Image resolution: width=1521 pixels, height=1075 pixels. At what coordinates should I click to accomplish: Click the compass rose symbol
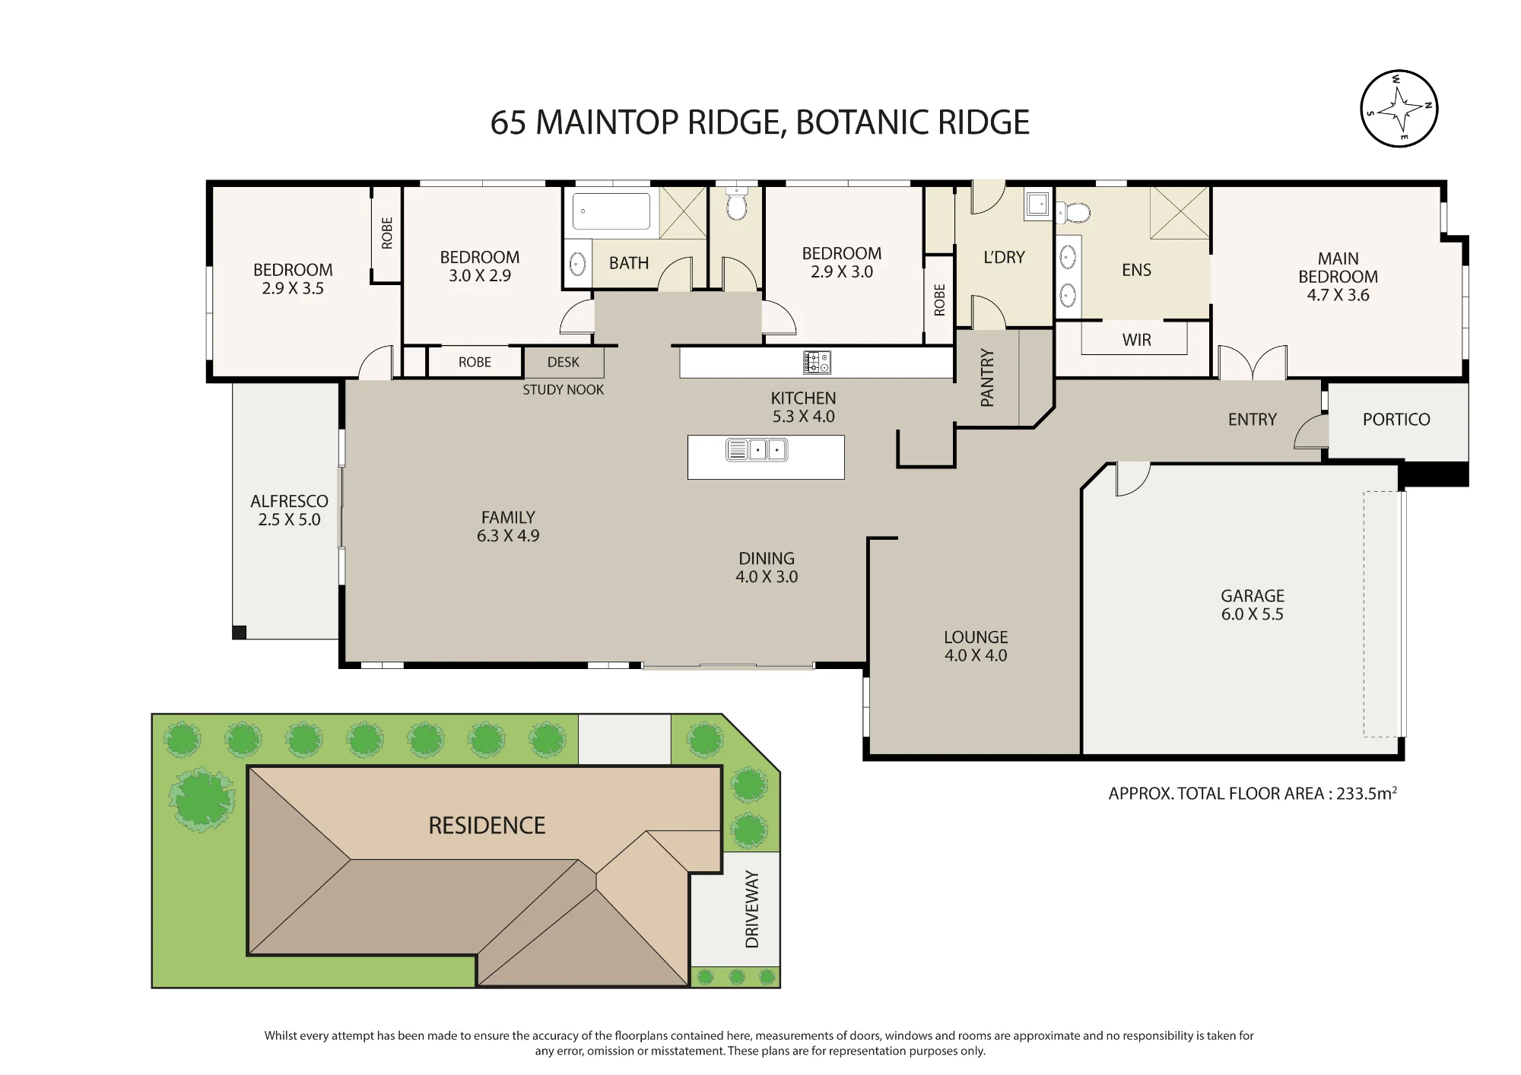(1399, 109)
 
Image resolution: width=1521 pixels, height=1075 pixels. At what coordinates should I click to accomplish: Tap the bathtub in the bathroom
(611, 211)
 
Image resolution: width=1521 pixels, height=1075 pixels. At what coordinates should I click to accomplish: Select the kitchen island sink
(757, 450)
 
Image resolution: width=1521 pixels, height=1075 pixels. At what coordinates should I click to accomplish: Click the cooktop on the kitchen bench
(817, 363)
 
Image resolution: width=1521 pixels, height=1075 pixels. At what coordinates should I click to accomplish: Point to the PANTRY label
(987, 378)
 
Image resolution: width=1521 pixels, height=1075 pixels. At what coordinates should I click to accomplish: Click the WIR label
(1137, 340)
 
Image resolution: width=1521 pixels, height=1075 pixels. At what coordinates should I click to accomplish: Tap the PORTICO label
(1396, 419)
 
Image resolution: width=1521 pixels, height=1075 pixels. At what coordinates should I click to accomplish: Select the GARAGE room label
(1253, 596)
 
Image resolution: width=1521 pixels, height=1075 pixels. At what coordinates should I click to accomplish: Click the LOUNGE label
(976, 637)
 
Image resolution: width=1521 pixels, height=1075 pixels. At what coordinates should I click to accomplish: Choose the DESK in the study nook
(564, 363)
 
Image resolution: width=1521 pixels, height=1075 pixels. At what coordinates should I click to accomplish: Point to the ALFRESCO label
(290, 501)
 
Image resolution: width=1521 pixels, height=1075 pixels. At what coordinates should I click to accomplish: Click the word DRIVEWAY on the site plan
(752, 909)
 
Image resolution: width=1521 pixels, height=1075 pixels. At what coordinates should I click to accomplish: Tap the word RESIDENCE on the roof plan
(487, 826)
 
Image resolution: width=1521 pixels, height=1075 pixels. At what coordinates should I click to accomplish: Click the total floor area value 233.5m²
(1367, 793)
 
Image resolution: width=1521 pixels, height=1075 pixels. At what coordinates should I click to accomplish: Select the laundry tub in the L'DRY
(1038, 204)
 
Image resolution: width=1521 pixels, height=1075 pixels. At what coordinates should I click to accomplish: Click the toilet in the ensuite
(1073, 212)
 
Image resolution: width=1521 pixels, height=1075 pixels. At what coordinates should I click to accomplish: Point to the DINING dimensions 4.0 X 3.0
(767, 577)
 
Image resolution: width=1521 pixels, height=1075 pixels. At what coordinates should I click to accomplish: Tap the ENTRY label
(1253, 419)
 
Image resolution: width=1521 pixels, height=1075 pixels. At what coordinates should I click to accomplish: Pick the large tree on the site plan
(202, 798)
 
